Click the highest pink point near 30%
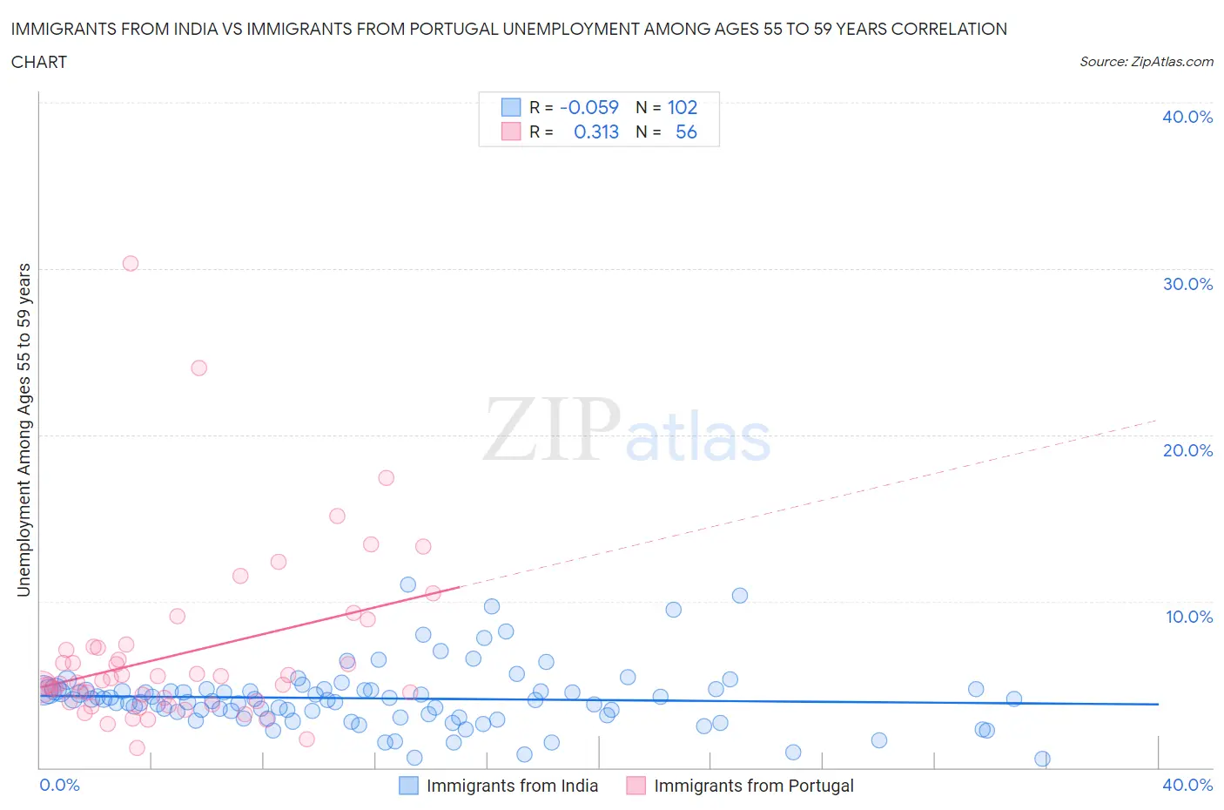pos(131,263)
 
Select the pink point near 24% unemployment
pos(198,368)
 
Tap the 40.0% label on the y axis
pos(1187,117)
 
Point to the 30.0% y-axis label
pos(1187,284)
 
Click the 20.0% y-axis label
pos(1187,450)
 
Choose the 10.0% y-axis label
pos(1188,617)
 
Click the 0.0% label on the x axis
pos(60,785)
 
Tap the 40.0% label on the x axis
pos(1187,785)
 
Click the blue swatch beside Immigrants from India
pos(408,786)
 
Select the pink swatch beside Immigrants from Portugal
pos(636,786)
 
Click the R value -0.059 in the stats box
pos(589,107)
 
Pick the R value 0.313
pos(596,132)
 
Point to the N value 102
pos(683,107)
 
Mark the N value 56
pos(686,132)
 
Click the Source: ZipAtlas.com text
pos(1146,61)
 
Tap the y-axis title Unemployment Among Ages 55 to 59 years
pos(24,430)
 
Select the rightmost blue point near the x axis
pos(1042,759)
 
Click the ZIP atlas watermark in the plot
pos(627,430)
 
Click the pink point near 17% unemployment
pos(386,477)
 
